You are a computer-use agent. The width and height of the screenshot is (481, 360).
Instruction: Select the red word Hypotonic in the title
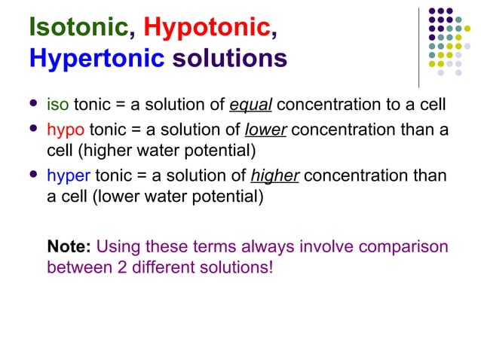point(206,26)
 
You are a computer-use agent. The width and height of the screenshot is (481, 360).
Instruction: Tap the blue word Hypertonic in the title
point(96,58)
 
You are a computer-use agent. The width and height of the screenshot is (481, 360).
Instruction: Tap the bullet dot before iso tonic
point(31,102)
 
